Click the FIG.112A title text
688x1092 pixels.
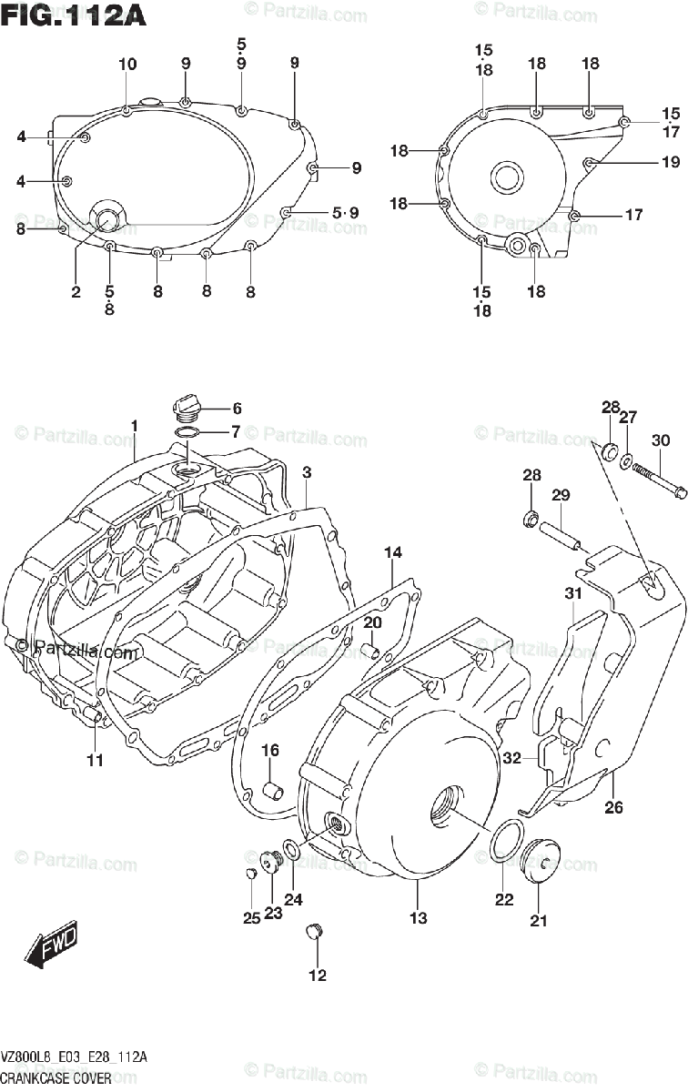pyautogui.click(x=73, y=15)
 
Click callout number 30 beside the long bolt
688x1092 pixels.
pyautogui.click(x=661, y=440)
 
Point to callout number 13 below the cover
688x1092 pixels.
pyautogui.click(x=418, y=918)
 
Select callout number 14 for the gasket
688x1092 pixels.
pyautogui.click(x=392, y=552)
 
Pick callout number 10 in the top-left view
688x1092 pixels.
pyautogui.click(x=127, y=65)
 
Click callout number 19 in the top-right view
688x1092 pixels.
pyautogui.click(x=671, y=163)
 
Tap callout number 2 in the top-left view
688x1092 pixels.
pyautogui.click(x=76, y=292)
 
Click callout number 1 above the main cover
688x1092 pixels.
pyautogui.click(x=134, y=426)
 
